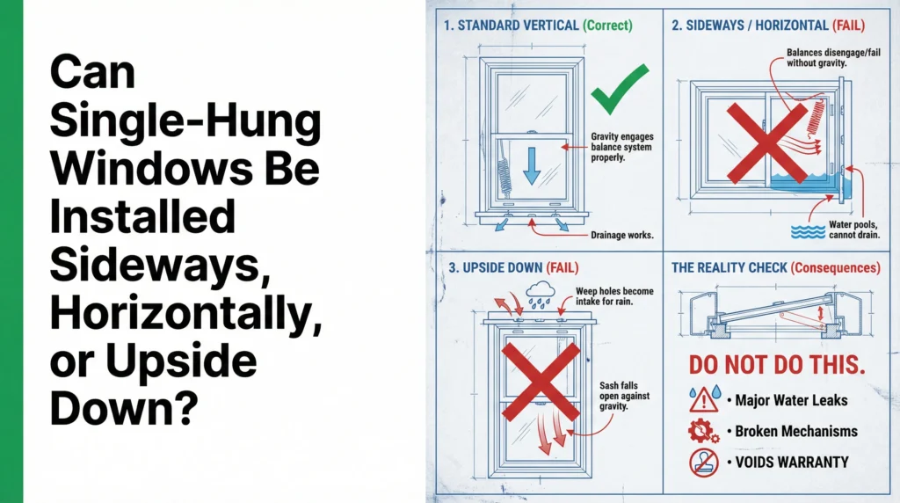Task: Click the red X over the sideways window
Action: tap(766, 143)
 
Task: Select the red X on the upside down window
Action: tap(541, 382)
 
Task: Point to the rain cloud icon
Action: tap(541, 295)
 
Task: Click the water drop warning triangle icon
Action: tap(705, 398)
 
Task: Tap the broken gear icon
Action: tap(703, 431)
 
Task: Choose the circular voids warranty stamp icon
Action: tap(704, 463)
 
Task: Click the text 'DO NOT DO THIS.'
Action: tap(777, 365)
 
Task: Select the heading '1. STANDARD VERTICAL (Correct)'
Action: tap(538, 26)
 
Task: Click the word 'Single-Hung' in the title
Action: tap(185, 120)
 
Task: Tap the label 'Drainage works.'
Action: tap(622, 235)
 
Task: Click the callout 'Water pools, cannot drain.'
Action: tap(853, 230)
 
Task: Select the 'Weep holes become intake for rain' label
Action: tap(614, 296)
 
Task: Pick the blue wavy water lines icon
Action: tap(809, 231)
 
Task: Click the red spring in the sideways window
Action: tap(816, 119)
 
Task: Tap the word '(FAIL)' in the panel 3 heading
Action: tap(562, 267)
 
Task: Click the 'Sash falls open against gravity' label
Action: tap(625, 397)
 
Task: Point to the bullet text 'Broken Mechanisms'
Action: tap(796, 431)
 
